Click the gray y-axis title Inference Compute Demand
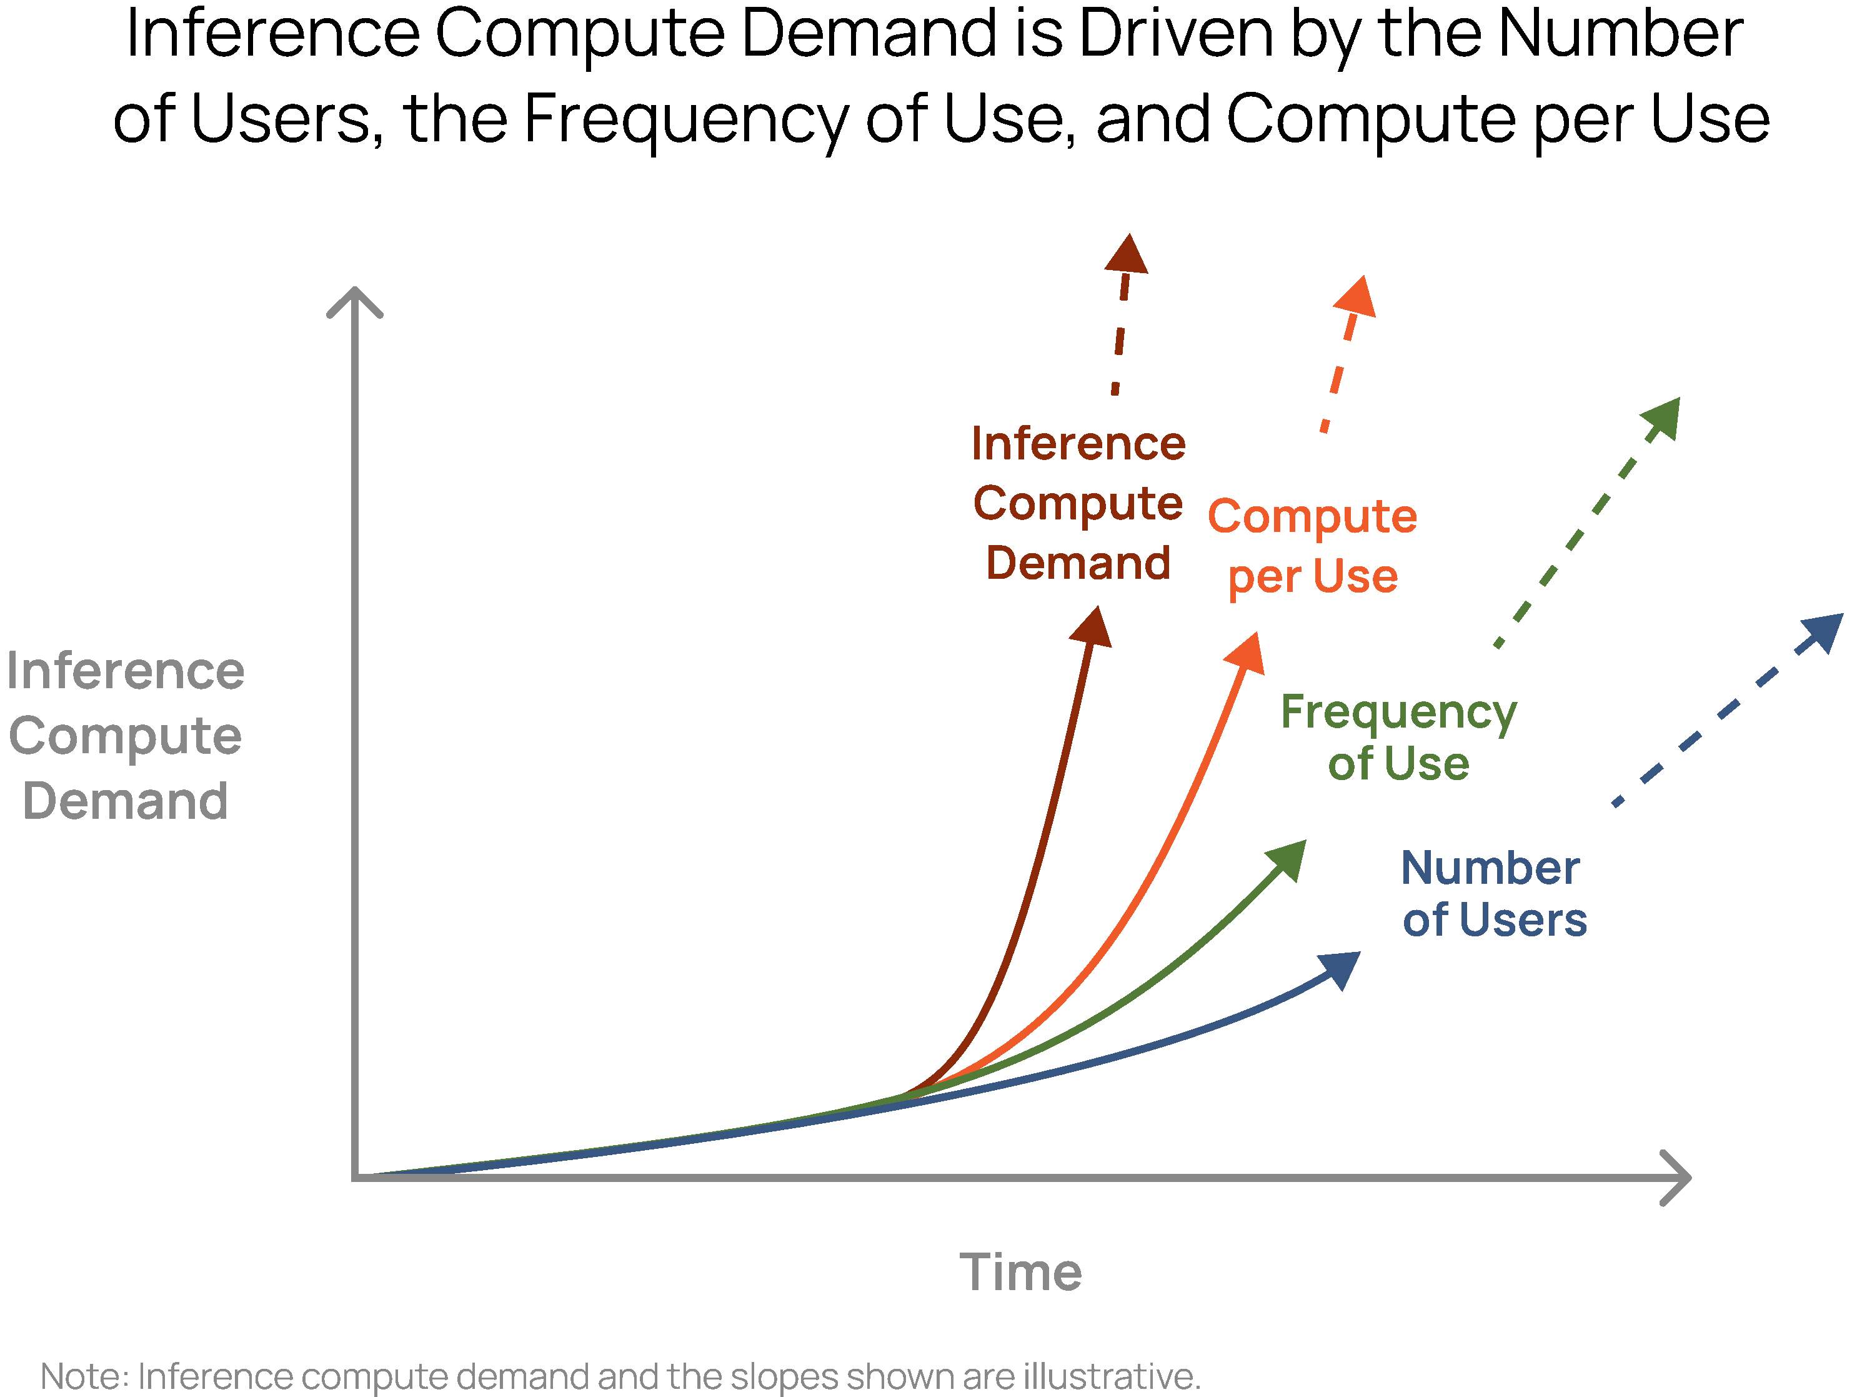click(126, 736)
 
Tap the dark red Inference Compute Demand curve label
click(1078, 503)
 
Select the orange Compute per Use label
click(1312, 546)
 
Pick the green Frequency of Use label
click(1398, 738)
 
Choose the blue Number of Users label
click(1493, 894)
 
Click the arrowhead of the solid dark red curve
click(1093, 628)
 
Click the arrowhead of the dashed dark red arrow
click(1127, 254)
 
